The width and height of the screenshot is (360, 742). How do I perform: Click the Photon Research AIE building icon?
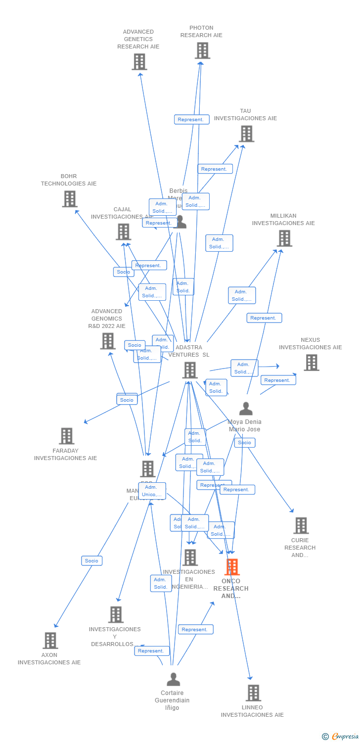(202, 50)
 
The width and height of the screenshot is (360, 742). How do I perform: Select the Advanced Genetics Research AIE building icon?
(139, 62)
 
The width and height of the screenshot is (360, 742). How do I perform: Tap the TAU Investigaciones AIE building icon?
(246, 134)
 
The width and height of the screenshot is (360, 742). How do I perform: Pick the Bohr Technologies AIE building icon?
(70, 199)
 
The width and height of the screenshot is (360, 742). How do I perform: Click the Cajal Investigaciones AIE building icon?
(123, 232)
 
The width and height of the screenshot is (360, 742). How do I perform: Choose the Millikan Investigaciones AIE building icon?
(284, 238)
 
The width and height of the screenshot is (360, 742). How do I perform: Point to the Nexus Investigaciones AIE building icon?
(311, 363)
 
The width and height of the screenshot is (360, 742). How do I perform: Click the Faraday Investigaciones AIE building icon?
(66, 436)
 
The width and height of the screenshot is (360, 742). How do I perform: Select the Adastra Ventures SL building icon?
(190, 370)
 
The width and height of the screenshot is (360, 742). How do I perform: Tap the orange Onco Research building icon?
(231, 567)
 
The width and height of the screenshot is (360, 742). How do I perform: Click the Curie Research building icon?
(300, 525)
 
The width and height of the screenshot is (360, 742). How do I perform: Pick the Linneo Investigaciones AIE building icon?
(253, 693)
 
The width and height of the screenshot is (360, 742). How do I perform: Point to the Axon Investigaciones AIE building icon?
(50, 641)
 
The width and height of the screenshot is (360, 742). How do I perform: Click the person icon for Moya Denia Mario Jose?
(246, 409)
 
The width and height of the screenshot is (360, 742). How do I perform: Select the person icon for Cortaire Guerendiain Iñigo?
(173, 680)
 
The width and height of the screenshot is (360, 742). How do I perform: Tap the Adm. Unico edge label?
(152, 491)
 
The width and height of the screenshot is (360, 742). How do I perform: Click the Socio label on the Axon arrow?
(91, 560)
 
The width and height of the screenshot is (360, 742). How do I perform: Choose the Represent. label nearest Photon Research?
(191, 119)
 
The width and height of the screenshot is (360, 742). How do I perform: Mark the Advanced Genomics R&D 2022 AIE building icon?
(108, 341)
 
